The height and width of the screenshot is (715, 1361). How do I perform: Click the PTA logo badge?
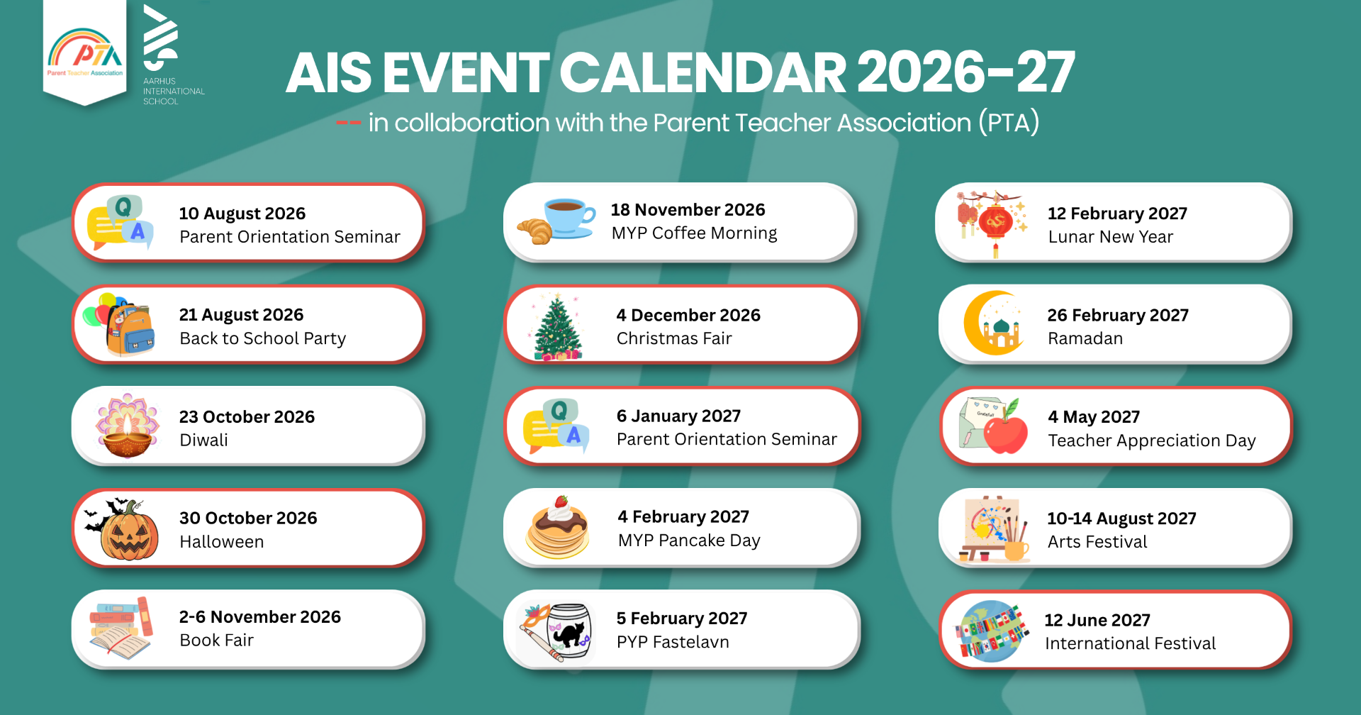pos(85,52)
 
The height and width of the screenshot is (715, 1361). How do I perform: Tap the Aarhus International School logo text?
pos(174,92)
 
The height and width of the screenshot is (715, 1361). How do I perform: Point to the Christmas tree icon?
pos(558,327)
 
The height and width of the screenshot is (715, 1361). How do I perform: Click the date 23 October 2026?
pos(247,416)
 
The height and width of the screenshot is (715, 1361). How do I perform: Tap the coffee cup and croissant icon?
pos(557,221)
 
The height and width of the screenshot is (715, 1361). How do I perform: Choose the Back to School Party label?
pos(263,338)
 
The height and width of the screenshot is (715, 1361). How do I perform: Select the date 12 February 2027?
pos(1117,214)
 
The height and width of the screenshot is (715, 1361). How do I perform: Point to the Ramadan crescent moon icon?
pos(993,323)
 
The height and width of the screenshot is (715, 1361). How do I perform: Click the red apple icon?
pos(1005,431)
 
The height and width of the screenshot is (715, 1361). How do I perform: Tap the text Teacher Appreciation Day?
pos(1152,440)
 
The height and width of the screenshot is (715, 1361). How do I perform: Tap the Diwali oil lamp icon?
pos(128,426)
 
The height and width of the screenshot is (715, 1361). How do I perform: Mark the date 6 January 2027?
pos(678,416)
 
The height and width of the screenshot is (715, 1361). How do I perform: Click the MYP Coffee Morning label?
pos(694,233)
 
